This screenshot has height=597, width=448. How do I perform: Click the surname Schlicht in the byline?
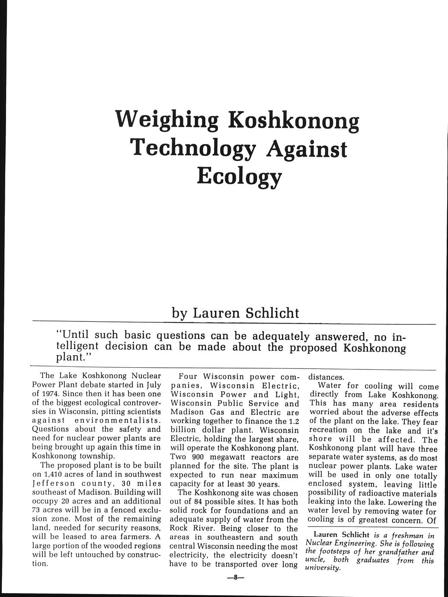point(273,312)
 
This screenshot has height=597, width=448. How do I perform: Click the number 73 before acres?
point(37,510)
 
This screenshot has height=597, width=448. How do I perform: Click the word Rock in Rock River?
point(179,529)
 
